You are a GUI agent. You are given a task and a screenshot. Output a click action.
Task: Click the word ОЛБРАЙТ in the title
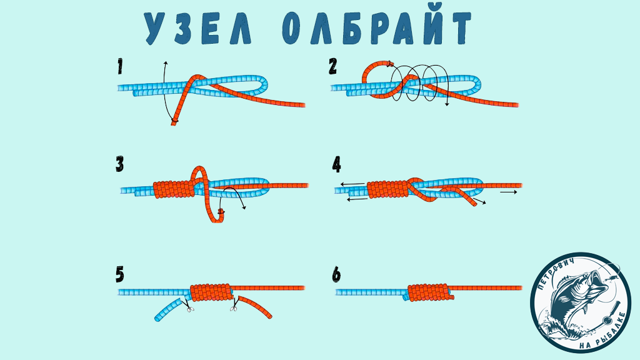point(376,27)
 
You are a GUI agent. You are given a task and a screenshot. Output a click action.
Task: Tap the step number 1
point(120,66)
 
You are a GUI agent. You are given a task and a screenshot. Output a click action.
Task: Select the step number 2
point(333,66)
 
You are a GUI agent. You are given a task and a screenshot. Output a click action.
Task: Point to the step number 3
point(119,164)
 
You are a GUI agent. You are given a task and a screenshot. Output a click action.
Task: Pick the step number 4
point(336,164)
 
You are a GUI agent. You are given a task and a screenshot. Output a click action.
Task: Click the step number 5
point(119,275)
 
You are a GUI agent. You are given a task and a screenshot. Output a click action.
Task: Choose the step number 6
point(336,275)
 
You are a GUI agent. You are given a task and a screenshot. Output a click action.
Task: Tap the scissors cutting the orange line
point(234,306)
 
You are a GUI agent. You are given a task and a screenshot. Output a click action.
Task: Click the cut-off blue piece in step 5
point(169,309)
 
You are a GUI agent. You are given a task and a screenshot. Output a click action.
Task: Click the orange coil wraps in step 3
point(174,189)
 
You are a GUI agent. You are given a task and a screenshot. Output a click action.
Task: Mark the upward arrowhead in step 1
point(165,63)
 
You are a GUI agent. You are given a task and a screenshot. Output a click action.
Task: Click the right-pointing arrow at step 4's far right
point(509,192)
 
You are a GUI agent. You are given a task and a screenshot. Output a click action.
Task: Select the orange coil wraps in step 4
point(387,190)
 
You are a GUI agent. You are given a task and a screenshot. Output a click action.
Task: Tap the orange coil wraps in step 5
point(211,292)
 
